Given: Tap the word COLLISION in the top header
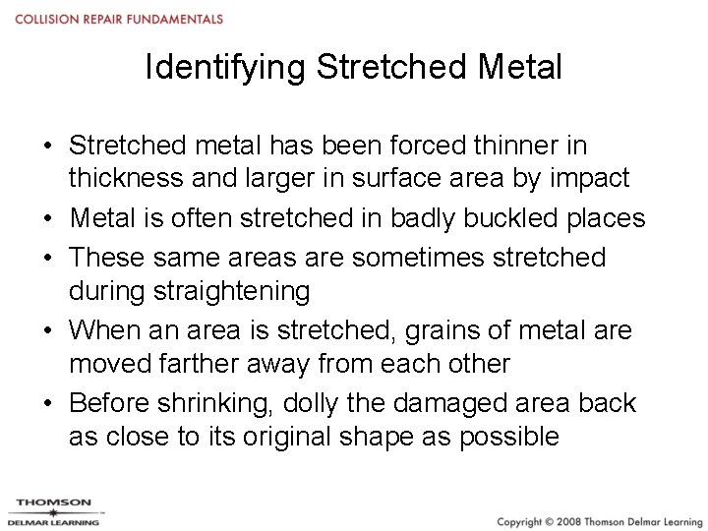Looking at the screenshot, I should (45, 20).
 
